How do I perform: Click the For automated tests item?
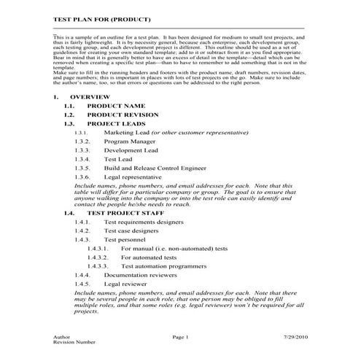[149, 257]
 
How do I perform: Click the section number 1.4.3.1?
[98, 249]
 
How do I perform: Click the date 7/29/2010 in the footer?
[299, 337]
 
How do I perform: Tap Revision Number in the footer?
[74, 342]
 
